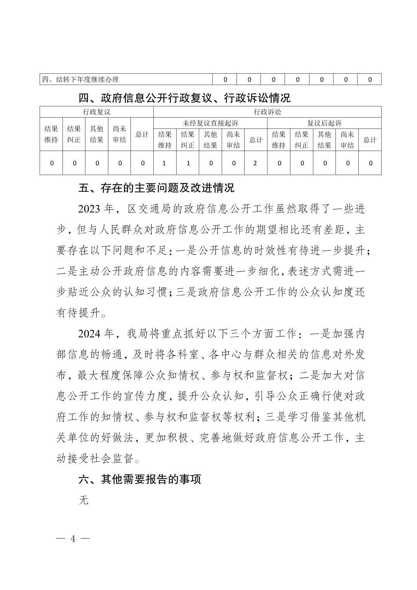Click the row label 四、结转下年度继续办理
80,80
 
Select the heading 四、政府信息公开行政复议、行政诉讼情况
184,98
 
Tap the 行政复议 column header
97,112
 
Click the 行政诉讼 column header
267,112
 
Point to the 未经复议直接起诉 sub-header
210,123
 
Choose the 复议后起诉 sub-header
324,123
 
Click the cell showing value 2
255,163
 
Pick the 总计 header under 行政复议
142,134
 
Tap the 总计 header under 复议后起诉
370,140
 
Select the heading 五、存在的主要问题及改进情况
156,188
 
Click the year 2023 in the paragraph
90,209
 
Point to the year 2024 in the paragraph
90,334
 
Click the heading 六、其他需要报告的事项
140,479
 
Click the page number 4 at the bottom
73,539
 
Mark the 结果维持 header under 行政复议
51,134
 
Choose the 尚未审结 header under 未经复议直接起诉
233,140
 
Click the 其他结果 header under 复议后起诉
324,140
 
